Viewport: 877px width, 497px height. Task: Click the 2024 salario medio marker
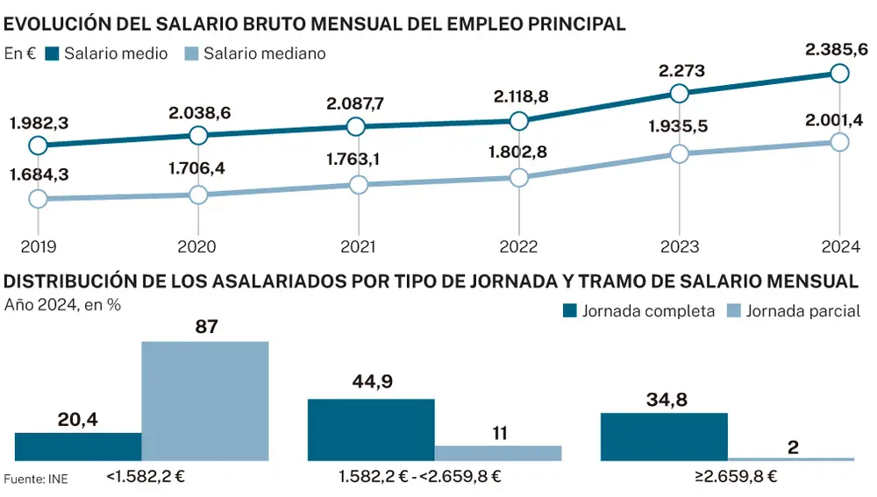pyautogui.click(x=839, y=73)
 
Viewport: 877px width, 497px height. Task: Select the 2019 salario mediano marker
pyautogui.click(x=38, y=199)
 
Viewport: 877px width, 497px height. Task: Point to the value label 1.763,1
pyautogui.click(x=358, y=160)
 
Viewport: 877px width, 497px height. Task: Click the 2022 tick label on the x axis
pyautogui.click(x=518, y=246)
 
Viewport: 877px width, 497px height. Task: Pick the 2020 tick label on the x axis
pyautogui.click(x=198, y=246)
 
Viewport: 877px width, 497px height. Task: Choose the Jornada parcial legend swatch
pyautogui.click(x=733, y=310)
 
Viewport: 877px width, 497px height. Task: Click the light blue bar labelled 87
pyautogui.click(x=205, y=401)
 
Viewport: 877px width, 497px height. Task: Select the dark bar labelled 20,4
pyautogui.click(x=78, y=446)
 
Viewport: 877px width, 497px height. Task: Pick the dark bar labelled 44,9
pyautogui.click(x=371, y=430)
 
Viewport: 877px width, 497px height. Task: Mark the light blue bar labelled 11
pyautogui.click(x=498, y=452)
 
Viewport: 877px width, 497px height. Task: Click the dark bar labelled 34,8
pyautogui.click(x=664, y=437)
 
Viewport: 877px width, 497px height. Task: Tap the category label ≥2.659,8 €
pyautogui.click(x=728, y=478)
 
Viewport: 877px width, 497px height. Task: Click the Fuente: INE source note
pyautogui.click(x=36, y=479)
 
